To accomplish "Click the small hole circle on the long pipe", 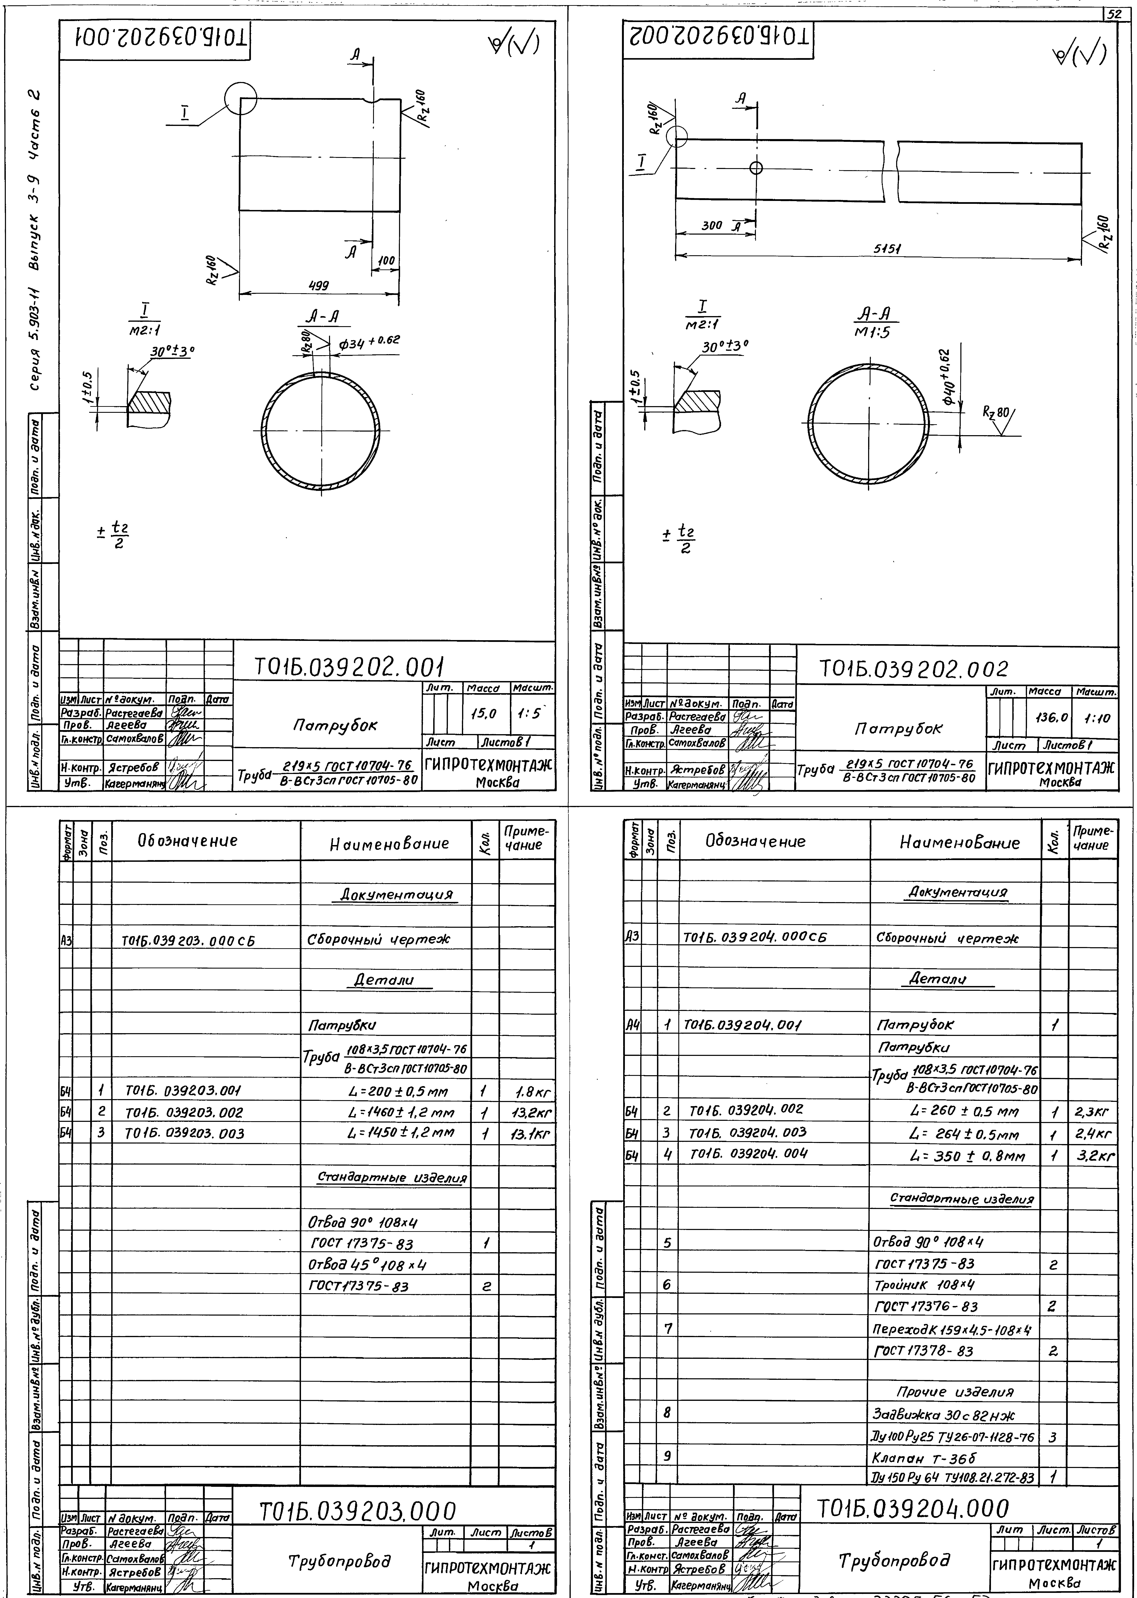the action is coord(755,168).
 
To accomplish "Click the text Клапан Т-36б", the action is coord(923,1457).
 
